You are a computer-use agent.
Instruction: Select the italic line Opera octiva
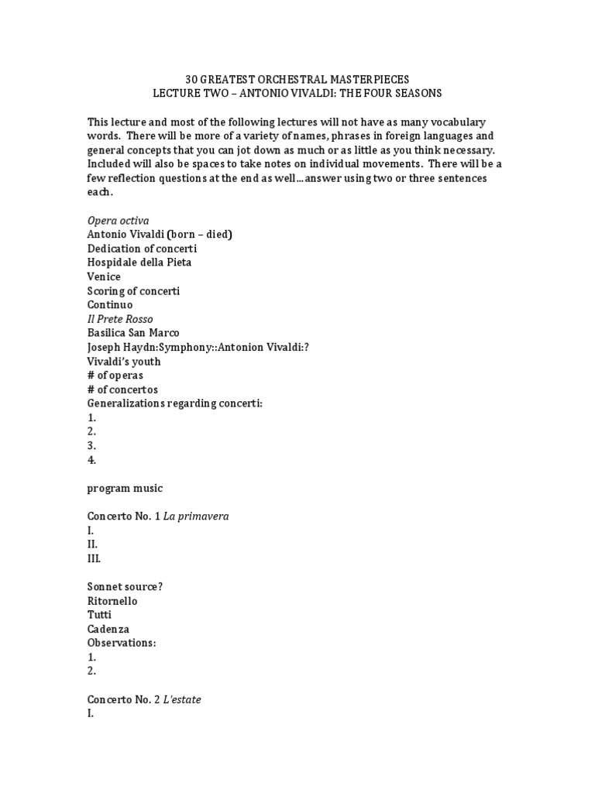pos(118,220)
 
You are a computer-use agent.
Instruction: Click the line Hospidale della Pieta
pos(139,263)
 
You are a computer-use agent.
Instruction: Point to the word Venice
pos(104,276)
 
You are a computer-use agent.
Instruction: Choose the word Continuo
pos(110,305)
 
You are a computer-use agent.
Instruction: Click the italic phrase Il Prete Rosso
pos(120,319)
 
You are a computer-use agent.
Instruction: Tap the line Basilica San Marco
pos(133,333)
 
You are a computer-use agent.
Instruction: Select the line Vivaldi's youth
pos(124,362)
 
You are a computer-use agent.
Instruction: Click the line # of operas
pos(115,376)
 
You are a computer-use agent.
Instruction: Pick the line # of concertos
pos(122,390)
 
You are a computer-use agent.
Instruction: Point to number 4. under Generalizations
pos(91,460)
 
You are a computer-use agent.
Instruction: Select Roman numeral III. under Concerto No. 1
pos(94,558)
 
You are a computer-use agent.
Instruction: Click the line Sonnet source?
pos(125,586)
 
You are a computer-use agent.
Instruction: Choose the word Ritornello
pos(112,601)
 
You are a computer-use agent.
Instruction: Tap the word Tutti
pos(99,615)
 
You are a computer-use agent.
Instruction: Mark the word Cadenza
pos(109,629)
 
